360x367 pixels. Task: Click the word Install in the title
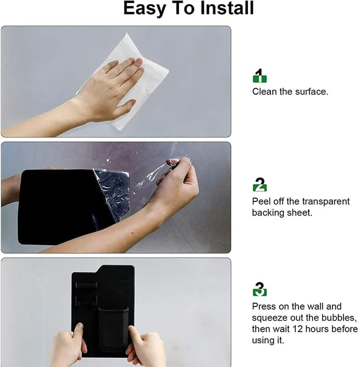pyautogui.click(x=227, y=8)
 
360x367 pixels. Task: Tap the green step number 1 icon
pyautogui.click(x=260, y=76)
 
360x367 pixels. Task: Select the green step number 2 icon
pyautogui.click(x=260, y=184)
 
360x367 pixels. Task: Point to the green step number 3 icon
pyautogui.click(x=260, y=289)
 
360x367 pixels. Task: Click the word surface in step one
pyautogui.click(x=311, y=92)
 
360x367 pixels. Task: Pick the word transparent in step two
pyautogui.click(x=326, y=201)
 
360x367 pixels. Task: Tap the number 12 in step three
pyautogui.click(x=297, y=329)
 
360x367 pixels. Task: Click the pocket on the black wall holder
pyautogui.click(x=113, y=329)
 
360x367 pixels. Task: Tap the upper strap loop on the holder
pyautogui.click(x=87, y=286)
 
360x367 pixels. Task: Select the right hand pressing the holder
pyautogui.click(x=146, y=346)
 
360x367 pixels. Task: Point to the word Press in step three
pyautogui.click(x=262, y=306)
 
